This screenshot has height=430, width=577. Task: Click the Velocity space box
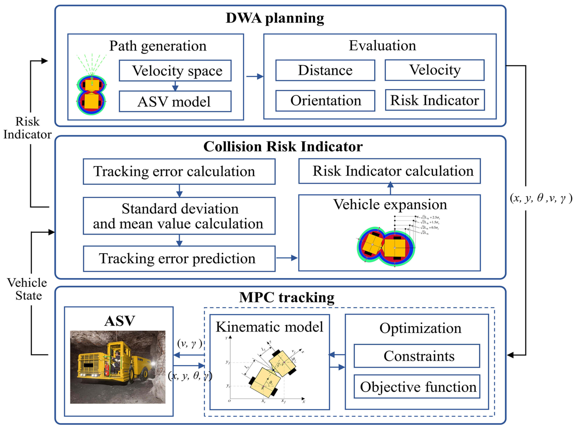coord(175,71)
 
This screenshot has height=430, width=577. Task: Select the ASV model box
coord(175,102)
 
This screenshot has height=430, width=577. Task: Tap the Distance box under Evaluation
coord(325,70)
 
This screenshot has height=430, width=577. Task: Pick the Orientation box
coord(325,101)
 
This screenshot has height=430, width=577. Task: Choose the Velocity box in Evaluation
coord(435,70)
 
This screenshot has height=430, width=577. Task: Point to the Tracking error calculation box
coord(179,172)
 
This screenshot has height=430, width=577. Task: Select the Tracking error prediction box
coord(179,259)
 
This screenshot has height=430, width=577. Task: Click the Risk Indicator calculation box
coord(389,171)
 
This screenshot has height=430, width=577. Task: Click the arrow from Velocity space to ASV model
coord(175,86)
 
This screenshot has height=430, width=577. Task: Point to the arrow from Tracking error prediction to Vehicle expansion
coord(287,258)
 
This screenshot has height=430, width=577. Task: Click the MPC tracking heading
coord(287,297)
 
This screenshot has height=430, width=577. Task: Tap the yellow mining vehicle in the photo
coord(112,364)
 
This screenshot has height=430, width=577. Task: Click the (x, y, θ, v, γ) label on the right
coord(541,198)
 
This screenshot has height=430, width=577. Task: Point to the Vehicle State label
coord(27,289)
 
